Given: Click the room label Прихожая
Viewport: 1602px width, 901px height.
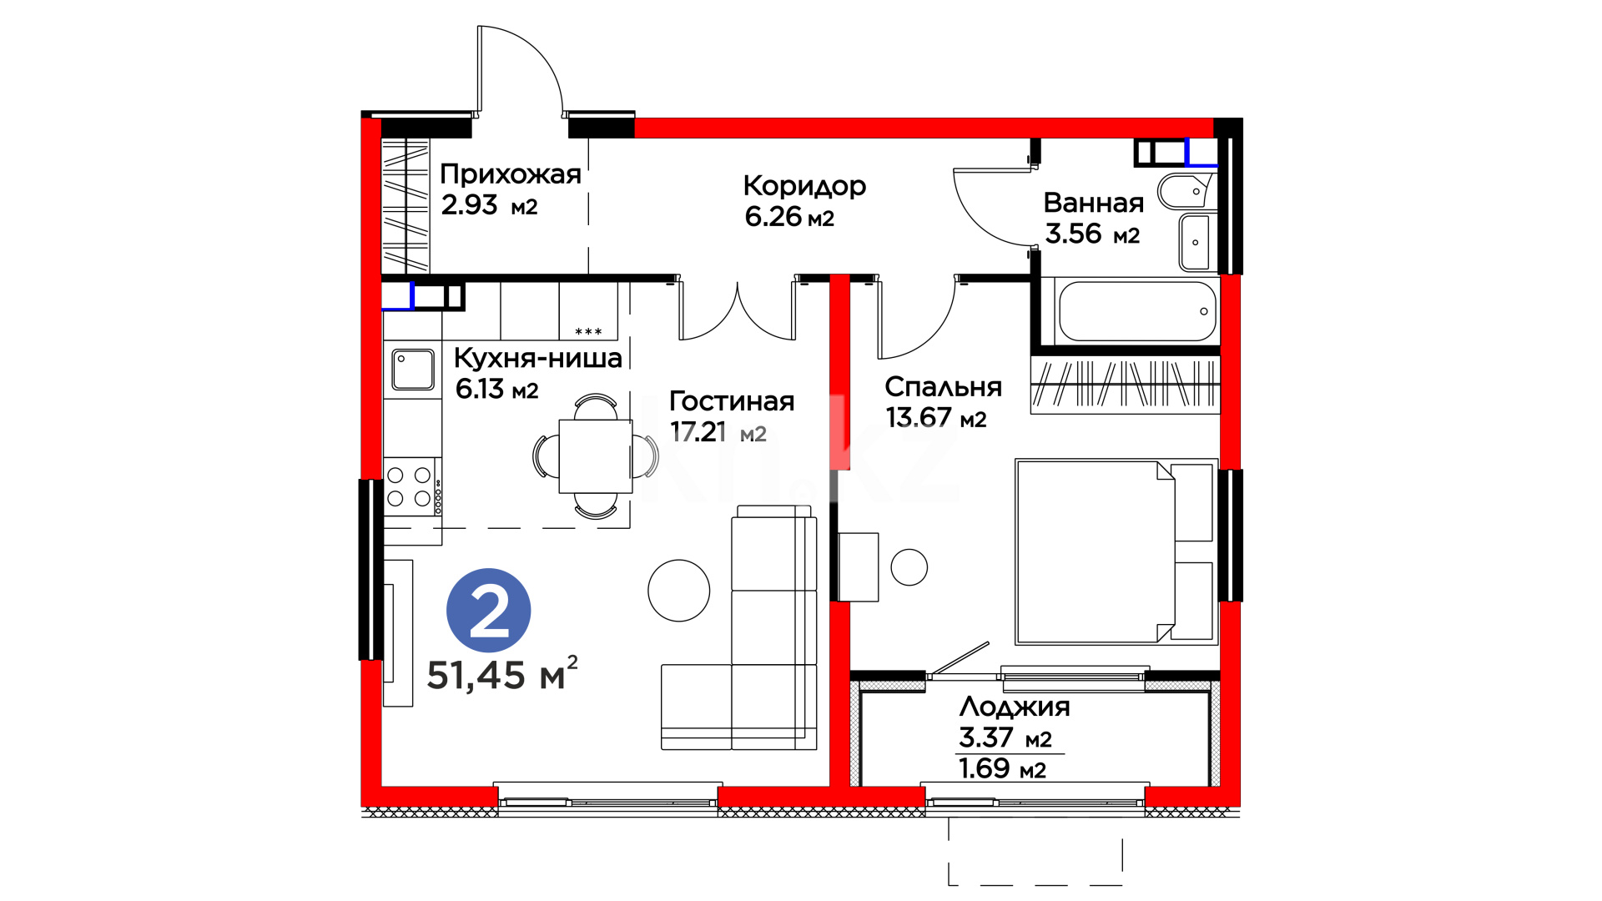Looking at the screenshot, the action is click(x=511, y=174).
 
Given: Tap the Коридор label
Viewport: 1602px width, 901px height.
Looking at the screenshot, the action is click(x=804, y=186).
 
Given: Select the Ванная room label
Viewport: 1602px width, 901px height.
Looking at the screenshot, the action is click(x=1094, y=203).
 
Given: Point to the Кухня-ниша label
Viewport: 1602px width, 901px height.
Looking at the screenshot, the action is click(x=538, y=358).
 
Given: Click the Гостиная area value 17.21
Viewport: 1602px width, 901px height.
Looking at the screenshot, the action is click(x=698, y=431).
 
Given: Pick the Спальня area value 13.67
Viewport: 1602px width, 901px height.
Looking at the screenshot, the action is click(x=919, y=417).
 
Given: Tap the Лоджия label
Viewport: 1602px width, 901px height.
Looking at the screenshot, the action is click(x=1015, y=707).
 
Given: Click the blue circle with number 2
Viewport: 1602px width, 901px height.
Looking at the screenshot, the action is click(x=489, y=611).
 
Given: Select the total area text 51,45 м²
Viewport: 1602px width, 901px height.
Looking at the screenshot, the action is click(x=502, y=674).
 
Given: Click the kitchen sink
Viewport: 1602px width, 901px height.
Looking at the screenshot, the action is click(x=413, y=370).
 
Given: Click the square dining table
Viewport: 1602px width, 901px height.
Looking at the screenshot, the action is click(x=596, y=456).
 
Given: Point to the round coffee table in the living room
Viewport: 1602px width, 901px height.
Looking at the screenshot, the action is click(x=679, y=591).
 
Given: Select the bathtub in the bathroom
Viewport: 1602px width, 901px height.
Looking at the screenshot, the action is click(x=1137, y=311).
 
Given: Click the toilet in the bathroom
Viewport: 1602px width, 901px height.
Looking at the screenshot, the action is click(x=1188, y=191).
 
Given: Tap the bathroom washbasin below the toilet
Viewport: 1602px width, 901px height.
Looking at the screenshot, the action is click(x=1196, y=242).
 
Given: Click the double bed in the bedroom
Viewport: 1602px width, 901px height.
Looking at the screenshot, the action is click(x=1116, y=551).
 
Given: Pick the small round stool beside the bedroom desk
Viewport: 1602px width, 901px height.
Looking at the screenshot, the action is click(x=909, y=567).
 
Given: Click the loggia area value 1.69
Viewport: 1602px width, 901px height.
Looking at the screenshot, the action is click(x=985, y=768).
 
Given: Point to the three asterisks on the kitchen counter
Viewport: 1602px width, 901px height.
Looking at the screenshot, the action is click(x=589, y=332).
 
